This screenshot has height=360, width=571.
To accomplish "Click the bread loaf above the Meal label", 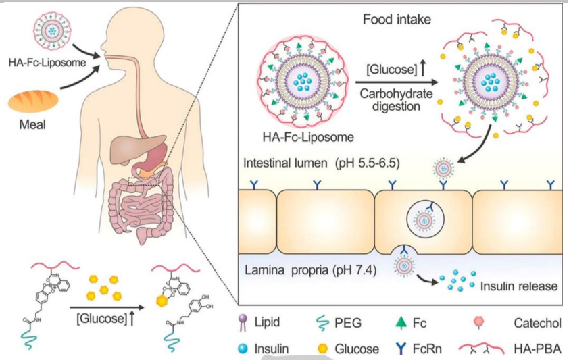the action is point(33,101).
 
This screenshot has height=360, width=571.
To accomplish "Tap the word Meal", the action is point(32,124).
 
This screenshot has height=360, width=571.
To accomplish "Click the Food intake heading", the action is point(397,19).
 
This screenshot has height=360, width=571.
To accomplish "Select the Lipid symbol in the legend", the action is point(243,323).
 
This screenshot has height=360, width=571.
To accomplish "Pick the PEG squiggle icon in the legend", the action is point(322,323).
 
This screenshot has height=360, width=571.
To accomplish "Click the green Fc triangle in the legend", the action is point(400,323).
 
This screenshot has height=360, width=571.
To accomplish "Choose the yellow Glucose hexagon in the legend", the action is point(322,349).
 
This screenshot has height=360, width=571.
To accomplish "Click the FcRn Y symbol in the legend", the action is point(401,349).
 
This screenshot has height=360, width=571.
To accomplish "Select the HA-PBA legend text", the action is point(537,349).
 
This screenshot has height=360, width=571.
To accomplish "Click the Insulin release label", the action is point(519,286).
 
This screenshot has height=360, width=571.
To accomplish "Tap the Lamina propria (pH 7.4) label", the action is point(311,271).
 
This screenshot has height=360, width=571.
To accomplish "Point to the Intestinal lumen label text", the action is point(285,163).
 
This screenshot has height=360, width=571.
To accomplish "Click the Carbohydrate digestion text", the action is point(396,100).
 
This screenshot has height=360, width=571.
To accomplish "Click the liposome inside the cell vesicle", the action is point(424,220).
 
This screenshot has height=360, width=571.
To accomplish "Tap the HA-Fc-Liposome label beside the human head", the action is point(47,62).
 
